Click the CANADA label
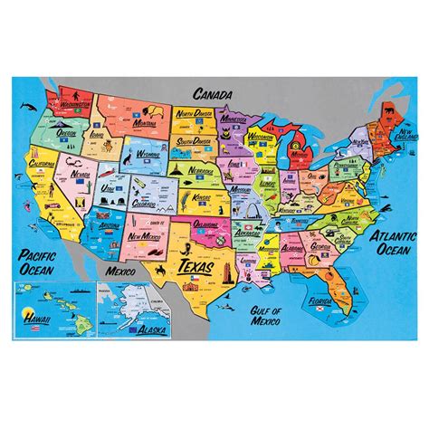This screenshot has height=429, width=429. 213,93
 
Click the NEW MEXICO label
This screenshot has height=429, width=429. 148,235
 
